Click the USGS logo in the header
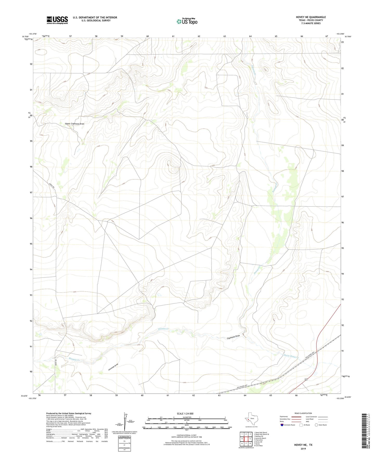click(57, 20)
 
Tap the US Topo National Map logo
click(187, 21)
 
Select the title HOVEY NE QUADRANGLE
click(311, 17)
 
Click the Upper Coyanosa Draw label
click(74, 124)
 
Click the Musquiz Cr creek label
click(74, 359)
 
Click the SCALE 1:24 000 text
click(185, 414)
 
